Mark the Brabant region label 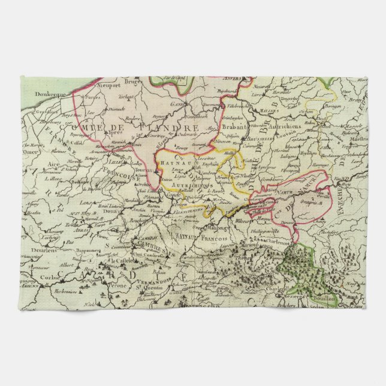point(235,126)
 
